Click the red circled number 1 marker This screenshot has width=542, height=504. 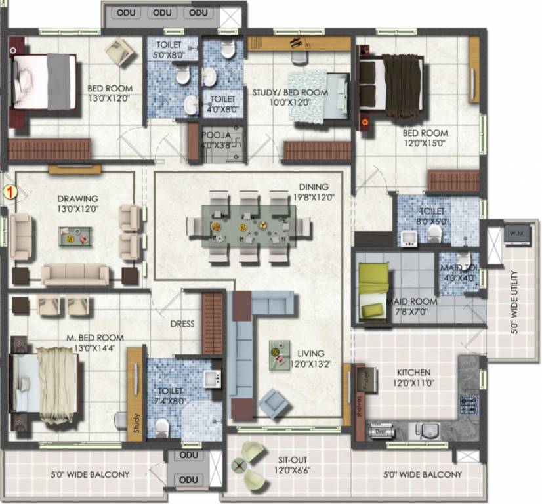point(10,192)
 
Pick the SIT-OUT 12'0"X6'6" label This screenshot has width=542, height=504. point(291,465)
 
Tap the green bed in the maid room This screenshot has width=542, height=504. point(372,291)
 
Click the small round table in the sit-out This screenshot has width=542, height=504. point(238,467)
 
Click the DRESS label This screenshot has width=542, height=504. point(182,324)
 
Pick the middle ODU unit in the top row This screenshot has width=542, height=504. point(161,12)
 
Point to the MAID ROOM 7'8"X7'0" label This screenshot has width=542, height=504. point(411,306)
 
